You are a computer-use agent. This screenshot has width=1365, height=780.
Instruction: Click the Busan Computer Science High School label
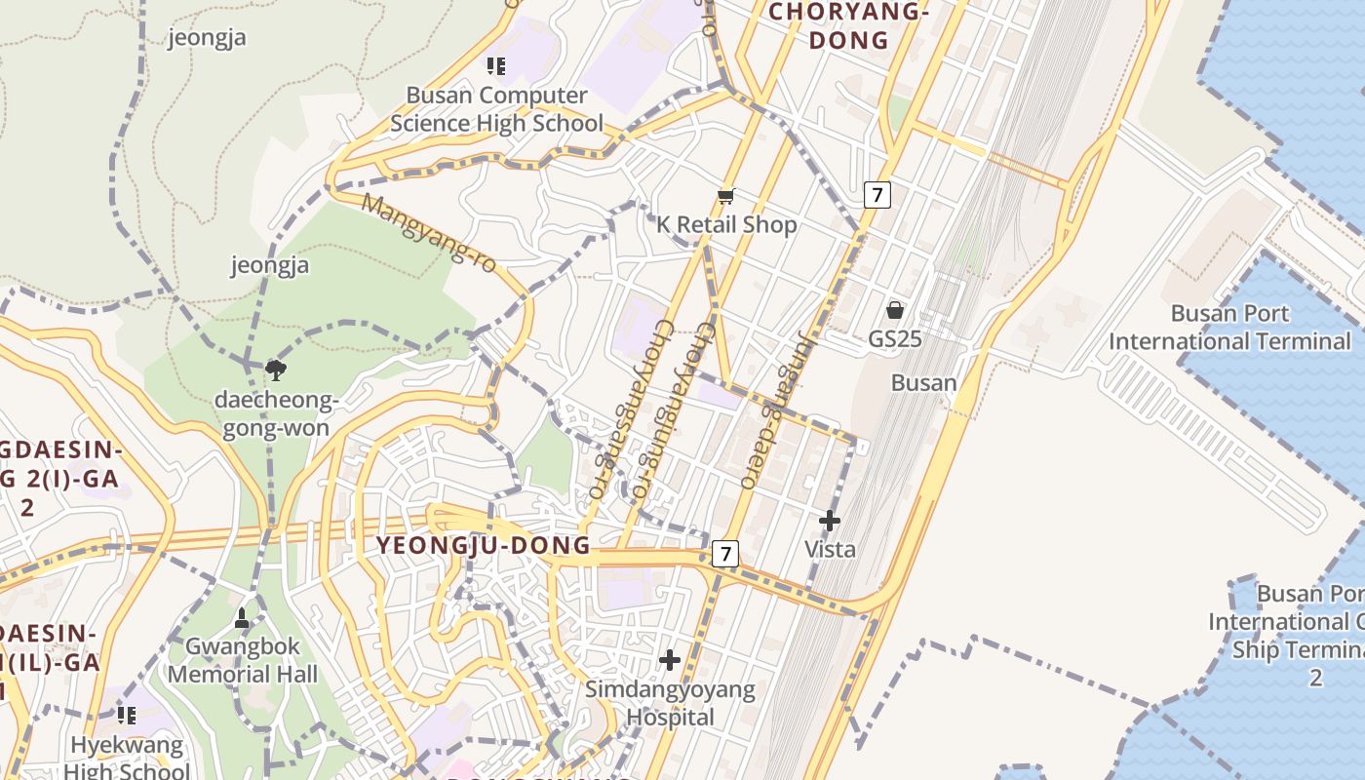click(496, 109)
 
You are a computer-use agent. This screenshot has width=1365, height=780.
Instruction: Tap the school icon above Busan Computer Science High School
click(496, 66)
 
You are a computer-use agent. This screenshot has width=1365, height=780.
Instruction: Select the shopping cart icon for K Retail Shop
click(725, 198)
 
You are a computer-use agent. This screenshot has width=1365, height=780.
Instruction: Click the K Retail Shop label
click(726, 224)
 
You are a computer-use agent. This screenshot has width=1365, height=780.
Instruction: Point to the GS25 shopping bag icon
click(895, 311)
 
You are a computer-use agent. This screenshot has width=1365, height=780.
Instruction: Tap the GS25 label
click(895, 339)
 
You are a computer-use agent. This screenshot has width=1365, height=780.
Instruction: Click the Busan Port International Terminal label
click(1229, 328)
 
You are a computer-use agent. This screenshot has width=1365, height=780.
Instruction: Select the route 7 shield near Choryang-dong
click(877, 195)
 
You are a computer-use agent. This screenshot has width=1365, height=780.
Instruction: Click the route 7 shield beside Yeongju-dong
click(724, 554)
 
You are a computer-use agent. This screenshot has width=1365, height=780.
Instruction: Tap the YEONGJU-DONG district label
click(484, 545)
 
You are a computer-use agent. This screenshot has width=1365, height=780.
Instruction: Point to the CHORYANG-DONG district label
click(846, 26)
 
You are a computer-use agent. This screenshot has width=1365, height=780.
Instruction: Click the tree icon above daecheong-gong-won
click(276, 369)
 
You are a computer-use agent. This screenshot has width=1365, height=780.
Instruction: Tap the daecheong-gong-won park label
click(276, 414)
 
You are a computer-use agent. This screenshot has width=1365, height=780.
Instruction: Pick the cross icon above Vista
click(830, 521)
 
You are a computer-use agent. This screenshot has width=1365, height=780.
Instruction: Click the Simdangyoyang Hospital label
click(670, 703)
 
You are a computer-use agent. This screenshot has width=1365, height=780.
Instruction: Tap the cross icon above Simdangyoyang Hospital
click(670, 660)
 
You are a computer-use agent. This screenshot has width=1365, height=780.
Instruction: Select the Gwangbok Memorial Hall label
click(243, 660)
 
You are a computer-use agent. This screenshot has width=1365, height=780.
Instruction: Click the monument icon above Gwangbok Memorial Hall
click(243, 618)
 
